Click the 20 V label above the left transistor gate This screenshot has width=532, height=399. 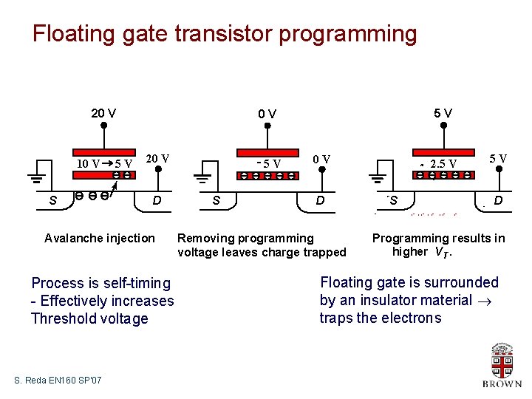103,113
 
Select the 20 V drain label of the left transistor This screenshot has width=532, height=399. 158,158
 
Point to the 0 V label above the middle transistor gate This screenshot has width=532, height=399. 267,114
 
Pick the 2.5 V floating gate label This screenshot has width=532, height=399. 443,163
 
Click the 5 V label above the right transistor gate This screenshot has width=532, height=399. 443,113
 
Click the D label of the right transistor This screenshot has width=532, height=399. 499,200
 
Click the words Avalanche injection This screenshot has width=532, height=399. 100,238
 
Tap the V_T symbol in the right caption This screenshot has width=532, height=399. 441,253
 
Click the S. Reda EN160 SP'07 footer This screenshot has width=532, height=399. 58,380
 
